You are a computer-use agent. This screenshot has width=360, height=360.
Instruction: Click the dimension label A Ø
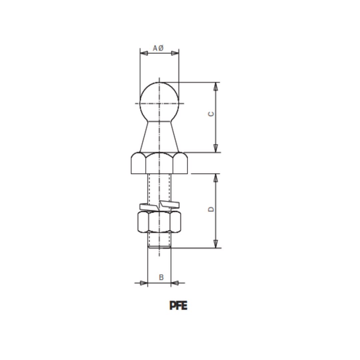click(x=158, y=48)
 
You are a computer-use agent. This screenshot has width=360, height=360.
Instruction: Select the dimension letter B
click(x=161, y=277)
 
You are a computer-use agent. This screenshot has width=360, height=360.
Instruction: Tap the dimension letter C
click(x=211, y=114)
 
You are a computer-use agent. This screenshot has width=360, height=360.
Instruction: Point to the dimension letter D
click(x=211, y=209)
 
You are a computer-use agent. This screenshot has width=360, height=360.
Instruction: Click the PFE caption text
click(x=178, y=306)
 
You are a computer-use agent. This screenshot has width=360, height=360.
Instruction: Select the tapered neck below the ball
click(x=159, y=137)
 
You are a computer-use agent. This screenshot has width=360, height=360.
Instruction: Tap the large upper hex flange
click(x=159, y=163)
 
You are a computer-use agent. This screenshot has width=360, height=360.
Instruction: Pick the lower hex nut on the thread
click(x=159, y=222)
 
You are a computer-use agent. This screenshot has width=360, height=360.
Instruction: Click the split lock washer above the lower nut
click(x=159, y=206)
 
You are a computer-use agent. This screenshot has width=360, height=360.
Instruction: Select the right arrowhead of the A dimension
click(x=175, y=53)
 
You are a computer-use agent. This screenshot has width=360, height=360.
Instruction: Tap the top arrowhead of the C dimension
click(x=216, y=86)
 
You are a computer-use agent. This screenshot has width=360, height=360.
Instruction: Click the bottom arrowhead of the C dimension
click(x=216, y=148)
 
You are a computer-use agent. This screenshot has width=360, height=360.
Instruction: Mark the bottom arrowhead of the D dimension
click(x=216, y=244)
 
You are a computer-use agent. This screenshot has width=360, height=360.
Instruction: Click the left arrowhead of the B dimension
click(x=144, y=283)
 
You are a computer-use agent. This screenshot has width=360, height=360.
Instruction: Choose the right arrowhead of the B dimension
click(x=175, y=283)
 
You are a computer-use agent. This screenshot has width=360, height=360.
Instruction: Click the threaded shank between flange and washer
click(x=159, y=188)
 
